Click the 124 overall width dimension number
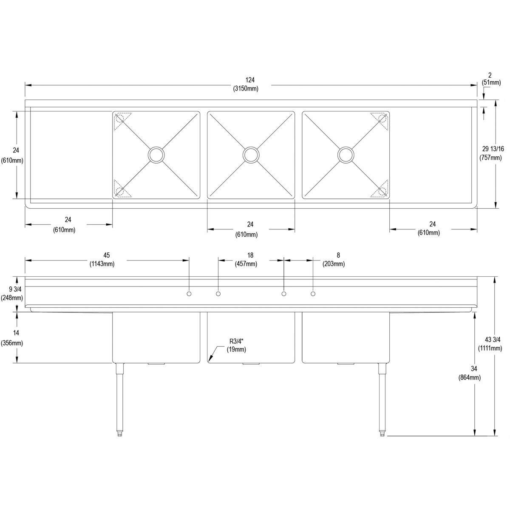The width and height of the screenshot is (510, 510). tap(250, 80)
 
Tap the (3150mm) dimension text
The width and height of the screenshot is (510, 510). tap(246, 89)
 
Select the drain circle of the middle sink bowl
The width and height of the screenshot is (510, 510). tap(251, 155)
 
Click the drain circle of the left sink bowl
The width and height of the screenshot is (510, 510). tap(156, 155)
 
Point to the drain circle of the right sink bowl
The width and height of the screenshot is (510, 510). tap(346, 155)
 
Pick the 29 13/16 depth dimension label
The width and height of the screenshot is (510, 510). tap(493, 149)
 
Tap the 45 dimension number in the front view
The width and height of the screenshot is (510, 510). tap(106, 255)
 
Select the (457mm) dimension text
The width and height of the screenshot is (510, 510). tap(246, 264)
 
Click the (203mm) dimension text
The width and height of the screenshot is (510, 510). tap(334, 264)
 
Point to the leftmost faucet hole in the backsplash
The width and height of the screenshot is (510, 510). tap(189, 294)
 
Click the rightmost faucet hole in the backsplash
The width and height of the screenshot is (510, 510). tap(313, 294)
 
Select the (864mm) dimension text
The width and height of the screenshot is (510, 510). tap(470, 378)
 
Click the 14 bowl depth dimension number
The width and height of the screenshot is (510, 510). tap(16, 333)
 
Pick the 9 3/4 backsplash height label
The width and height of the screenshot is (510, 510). tap(15, 289)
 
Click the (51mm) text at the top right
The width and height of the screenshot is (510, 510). tap(491, 82)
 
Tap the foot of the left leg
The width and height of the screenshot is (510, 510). tap(119, 441)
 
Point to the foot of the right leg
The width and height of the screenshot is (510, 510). tap(382, 441)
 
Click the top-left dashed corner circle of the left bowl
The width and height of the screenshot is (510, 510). tap(120, 117)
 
